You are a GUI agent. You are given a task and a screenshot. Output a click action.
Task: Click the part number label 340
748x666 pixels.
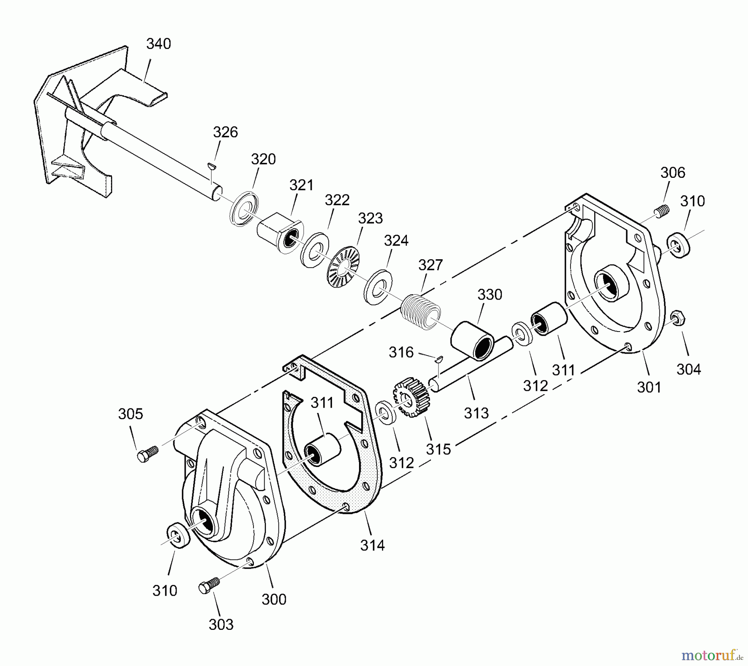158,44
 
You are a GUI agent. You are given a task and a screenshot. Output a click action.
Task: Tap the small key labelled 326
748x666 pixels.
212,166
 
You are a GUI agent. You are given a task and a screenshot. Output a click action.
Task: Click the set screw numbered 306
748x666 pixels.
663,211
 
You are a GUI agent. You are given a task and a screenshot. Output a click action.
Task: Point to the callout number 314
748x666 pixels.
372,545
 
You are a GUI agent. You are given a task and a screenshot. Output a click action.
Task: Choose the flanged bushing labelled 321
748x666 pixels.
280,233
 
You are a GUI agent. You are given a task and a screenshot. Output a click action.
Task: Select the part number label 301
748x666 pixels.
649,387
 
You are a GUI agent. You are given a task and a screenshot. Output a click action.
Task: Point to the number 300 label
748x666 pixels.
274,599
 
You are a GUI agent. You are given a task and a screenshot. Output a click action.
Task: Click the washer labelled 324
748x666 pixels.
378,287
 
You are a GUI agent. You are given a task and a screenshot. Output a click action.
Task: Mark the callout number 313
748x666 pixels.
476,413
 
